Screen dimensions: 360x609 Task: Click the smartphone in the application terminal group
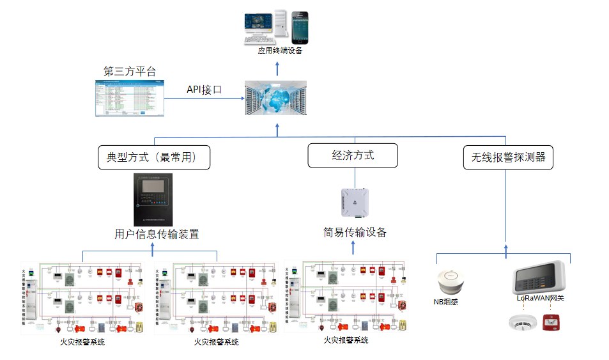pos(300,27)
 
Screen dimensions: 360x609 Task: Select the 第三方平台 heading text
pos(130,71)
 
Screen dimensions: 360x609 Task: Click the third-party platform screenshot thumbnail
pos(130,98)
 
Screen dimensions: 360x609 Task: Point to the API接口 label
pos(204,90)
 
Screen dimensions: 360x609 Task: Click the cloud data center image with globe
pos(276,98)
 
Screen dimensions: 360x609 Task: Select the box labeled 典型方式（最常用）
pos(154,157)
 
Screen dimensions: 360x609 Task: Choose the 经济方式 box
pos(353,155)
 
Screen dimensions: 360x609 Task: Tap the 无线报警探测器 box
pos(508,157)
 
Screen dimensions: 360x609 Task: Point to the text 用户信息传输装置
pos(157,234)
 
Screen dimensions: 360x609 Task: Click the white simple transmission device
pos(354,203)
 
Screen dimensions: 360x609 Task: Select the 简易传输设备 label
pos(355,232)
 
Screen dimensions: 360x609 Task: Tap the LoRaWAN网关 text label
pos(540,298)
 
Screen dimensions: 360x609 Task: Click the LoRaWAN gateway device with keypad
pos(541,276)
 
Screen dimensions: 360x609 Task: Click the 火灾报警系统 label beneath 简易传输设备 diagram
pos(346,340)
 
